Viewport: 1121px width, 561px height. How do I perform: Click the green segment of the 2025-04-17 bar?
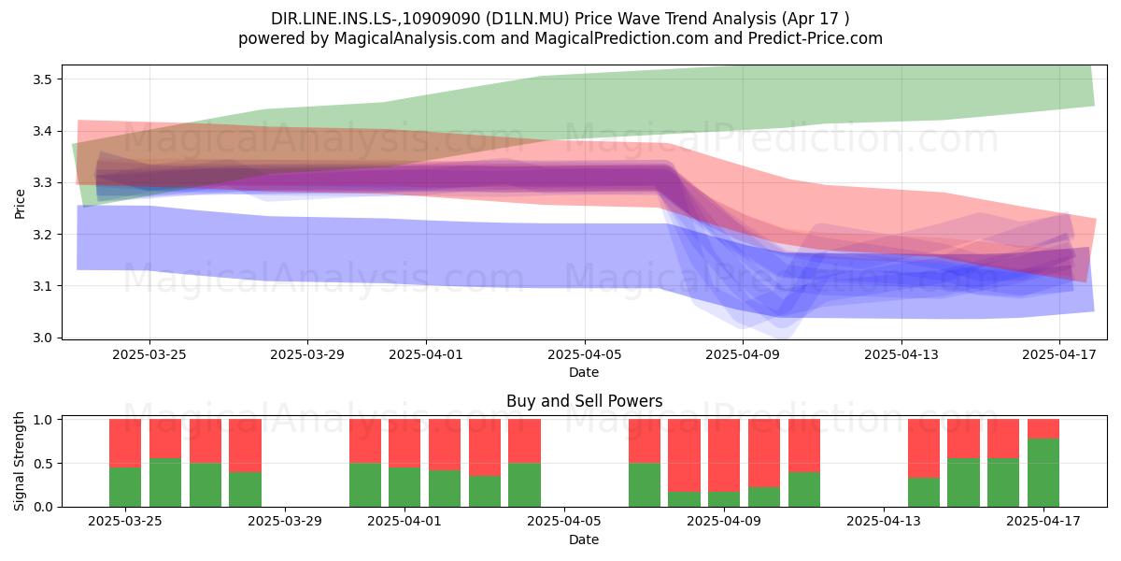[x=1043, y=472]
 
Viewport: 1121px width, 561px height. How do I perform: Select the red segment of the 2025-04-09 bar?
[x=724, y=455]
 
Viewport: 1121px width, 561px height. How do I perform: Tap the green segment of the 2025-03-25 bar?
[x=125, y=487]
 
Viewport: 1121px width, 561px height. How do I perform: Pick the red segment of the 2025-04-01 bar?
[x=404, y=443]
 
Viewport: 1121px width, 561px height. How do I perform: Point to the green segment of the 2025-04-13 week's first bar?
[x=924, y=493]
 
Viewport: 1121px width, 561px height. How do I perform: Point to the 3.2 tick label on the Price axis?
[x=43, y=235]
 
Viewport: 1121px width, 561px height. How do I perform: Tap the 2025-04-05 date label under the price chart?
[x=585, y=354]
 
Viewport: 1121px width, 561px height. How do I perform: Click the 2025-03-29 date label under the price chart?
[x=307, y=354]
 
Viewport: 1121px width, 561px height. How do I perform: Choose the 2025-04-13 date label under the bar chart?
[x=884, y=522]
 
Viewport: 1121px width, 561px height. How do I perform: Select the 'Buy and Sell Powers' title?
[x=585, y=401]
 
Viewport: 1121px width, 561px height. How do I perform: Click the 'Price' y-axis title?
[x=20, y=204]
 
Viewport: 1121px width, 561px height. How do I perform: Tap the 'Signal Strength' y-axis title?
[x=20, y=461]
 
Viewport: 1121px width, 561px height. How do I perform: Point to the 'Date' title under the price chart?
[x=584, y=372]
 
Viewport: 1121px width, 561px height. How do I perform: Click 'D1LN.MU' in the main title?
[x=530, y=19]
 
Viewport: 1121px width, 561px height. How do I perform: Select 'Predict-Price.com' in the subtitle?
[x=816, y=38]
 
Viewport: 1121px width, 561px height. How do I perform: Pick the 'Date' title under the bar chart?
[x=584, y=539]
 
